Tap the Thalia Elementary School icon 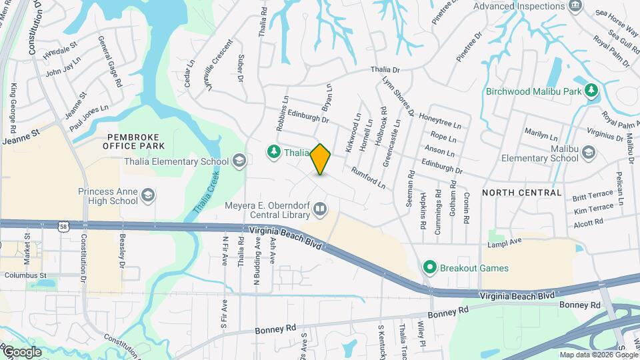239,161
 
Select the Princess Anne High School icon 149,195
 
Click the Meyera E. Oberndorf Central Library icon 321,211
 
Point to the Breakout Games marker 430,269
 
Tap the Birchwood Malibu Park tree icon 590,91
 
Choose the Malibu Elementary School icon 588,153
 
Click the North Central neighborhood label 521,193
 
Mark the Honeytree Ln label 440,120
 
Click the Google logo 21,352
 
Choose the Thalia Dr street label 385,70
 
